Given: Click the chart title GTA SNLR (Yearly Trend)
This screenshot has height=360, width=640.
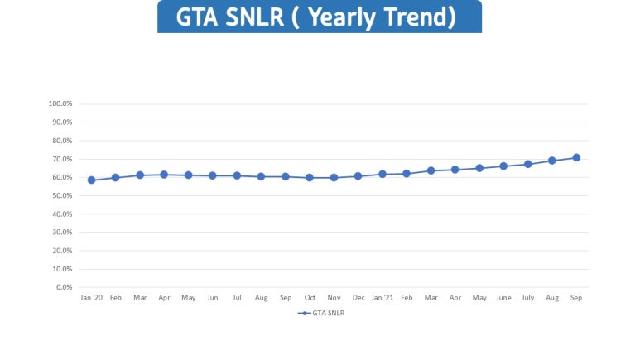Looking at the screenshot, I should tap(319, 17).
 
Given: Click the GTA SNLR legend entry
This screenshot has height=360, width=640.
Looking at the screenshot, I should tap(321, 314).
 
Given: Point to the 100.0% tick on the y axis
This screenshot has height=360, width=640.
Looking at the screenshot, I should tap(61, 104).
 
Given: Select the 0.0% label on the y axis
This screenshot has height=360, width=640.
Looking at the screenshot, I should tap(65, 287).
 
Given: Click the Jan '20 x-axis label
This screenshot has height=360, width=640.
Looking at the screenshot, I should tap(91, 297).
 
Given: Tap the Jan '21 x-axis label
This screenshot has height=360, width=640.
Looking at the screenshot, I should tap(383, 297).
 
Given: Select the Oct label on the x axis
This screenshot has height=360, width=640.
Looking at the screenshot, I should tap(310, 297).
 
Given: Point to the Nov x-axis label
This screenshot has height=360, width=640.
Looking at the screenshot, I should tap(334, 297).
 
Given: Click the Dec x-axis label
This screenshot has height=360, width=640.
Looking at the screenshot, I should tap(358, 297).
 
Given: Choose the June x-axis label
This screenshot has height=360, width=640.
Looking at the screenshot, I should tap(503, 297).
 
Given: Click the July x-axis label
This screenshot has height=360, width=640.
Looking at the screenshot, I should tap(527, 297).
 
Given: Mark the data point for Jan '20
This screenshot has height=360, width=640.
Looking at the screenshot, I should tap(91, 180).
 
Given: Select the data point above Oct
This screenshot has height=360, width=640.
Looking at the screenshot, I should tap(310, 177).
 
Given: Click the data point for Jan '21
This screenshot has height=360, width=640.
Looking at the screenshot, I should tap(383, 174).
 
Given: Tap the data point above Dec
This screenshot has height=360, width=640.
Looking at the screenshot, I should tap(358, 175).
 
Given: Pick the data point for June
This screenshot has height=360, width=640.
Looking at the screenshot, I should tap(503, 166).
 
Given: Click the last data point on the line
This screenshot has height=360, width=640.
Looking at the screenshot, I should tap(576, 157).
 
